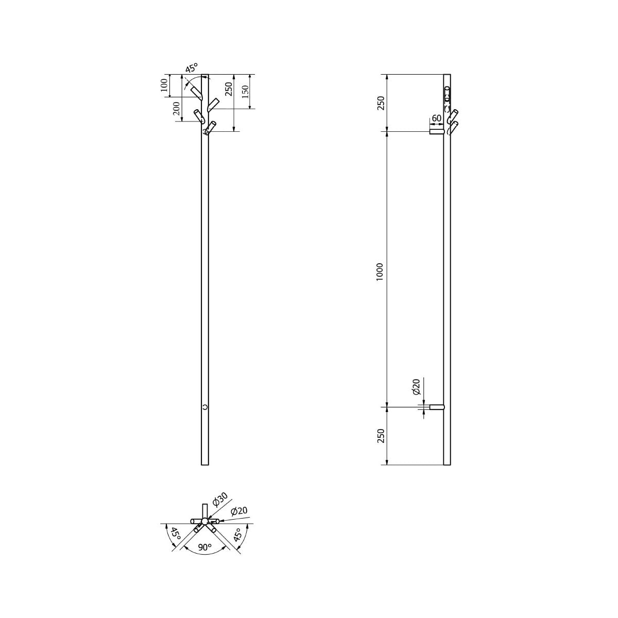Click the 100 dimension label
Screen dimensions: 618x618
[164, 85]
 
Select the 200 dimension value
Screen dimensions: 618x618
[177, 110]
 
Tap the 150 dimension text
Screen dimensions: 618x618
[245, 92]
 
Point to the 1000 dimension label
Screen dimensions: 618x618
[380, 272]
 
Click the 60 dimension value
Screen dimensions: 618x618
[437, 118]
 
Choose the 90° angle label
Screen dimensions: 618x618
[204, 547]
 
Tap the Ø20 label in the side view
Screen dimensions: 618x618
[416, 387]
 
